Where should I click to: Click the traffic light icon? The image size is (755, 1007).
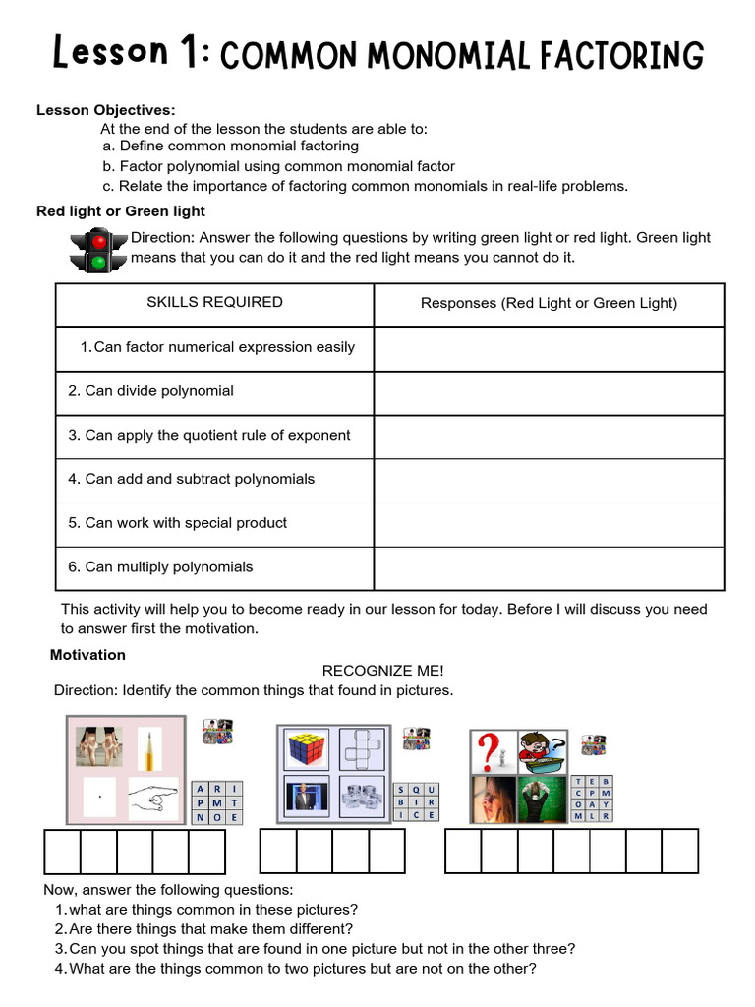tap(98, 250)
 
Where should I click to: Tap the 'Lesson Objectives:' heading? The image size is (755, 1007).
tap(106, 110)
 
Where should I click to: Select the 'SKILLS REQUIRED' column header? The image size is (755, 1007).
tap(214, 302)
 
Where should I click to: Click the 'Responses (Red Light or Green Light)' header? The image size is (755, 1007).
tap(549, 303)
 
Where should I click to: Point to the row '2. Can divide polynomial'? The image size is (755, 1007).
tap(150, 391)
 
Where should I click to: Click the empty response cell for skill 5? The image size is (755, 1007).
tap(549, 523)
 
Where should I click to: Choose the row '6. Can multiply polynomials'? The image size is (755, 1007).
tap(160, 567)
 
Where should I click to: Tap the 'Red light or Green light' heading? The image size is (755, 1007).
tap(121, 211)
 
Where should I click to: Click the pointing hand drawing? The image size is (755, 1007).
tap(152, 798)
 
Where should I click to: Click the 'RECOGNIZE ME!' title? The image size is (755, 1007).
tap(383, 671)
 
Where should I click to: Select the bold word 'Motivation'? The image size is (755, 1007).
tap(87, 655)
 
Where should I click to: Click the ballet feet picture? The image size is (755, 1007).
tap(99, 746)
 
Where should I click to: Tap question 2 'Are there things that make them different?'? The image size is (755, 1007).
tap(210, 929)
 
